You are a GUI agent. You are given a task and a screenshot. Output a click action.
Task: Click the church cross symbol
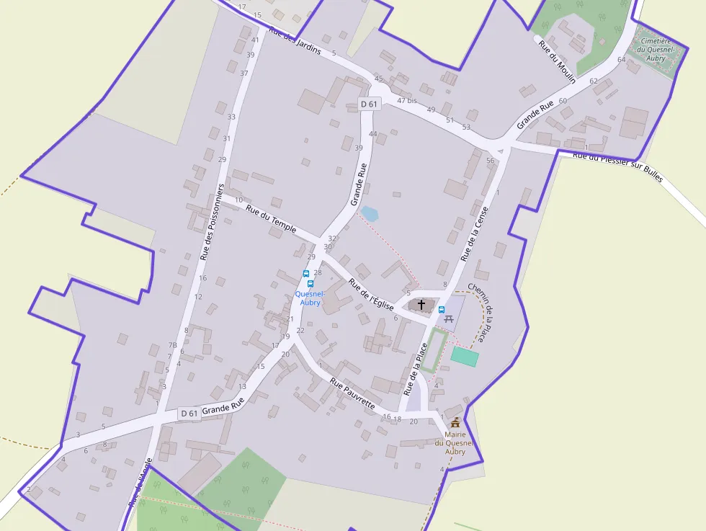[x=421, y=305]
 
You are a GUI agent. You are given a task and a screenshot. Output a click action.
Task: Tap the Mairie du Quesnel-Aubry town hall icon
[x=455, y=422]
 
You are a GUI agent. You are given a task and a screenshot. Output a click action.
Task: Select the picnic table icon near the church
[x=450, y=318]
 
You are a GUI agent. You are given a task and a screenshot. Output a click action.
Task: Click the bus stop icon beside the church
[x=442, y=310]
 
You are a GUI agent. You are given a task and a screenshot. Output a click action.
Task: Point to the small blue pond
[x=369, y=213]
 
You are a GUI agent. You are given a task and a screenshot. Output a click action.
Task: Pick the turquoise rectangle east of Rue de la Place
[x=465, y=356]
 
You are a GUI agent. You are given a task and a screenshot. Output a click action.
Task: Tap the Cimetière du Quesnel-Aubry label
[x=656, y=50]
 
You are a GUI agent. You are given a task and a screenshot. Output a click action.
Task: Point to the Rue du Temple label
[x=271, y=219]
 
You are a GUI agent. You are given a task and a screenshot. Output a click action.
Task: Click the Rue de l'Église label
[x=371, y=294]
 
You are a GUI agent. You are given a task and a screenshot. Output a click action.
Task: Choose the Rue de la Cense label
[x=475, y=233]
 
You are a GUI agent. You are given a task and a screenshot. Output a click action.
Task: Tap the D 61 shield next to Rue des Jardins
[x=369, y=104]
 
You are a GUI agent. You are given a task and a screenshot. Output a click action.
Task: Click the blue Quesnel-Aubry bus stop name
[x=310, y=298]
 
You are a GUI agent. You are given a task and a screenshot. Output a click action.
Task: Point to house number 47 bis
[x=407, y=100]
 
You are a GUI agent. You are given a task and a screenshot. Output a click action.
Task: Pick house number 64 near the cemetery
[x=622, y=60]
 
